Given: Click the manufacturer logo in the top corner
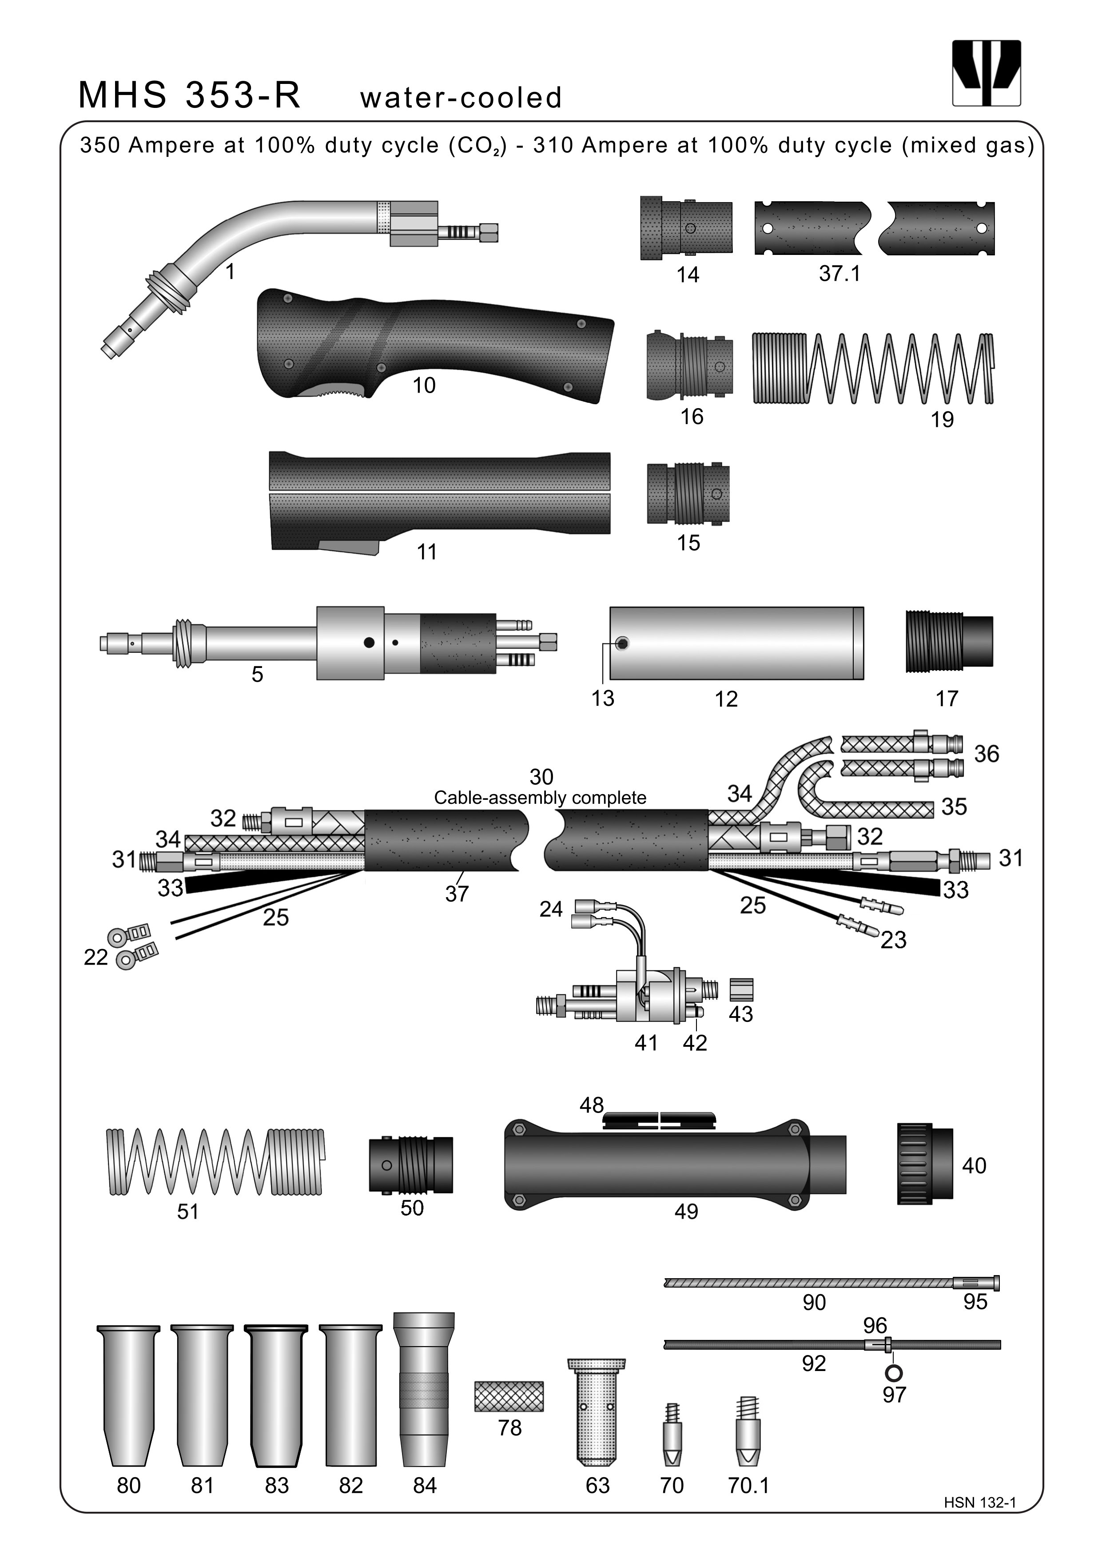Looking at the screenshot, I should point(986,72).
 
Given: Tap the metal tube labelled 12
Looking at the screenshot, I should point(736,643).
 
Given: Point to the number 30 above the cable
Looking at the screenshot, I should point(541,776).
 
